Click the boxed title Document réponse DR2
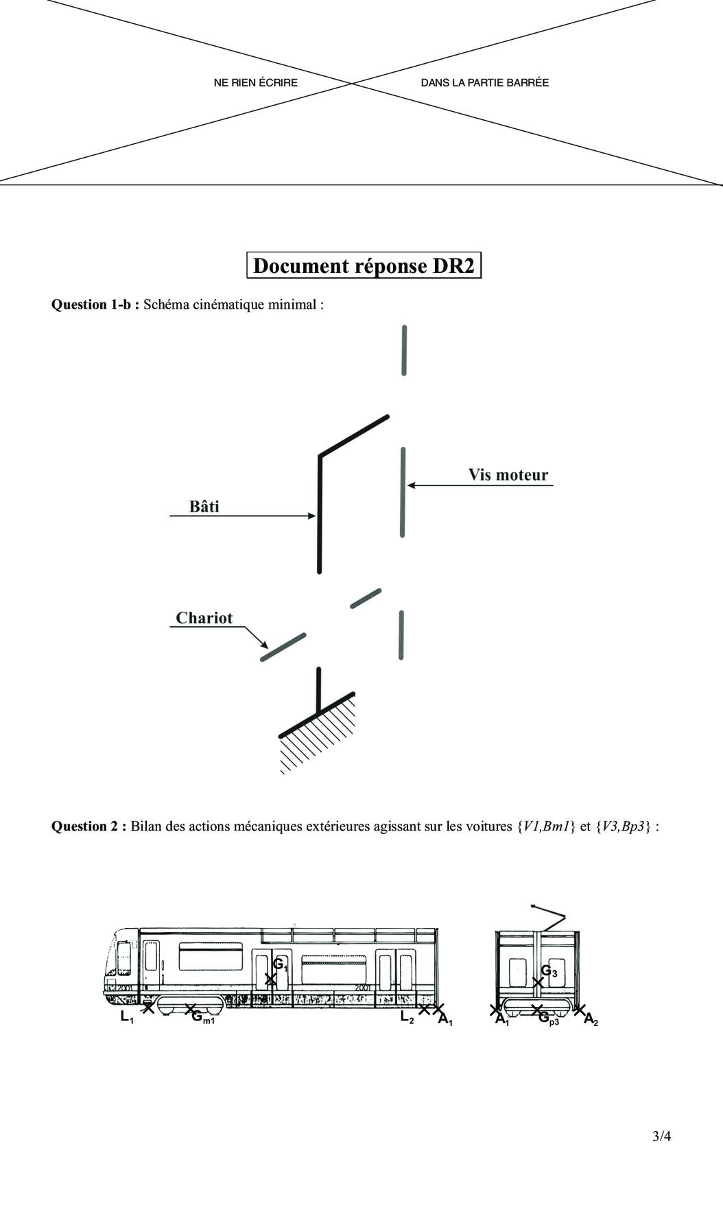364,265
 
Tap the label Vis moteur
508,475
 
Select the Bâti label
204,506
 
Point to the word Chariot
204,618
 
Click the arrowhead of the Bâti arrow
312,516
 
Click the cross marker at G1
271,979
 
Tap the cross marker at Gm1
191,1009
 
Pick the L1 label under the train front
127,1017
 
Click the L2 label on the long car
407,1018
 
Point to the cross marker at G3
538,982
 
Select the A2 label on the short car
591,1020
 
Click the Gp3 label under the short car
548,1019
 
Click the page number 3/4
661,1136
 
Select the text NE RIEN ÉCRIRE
256,82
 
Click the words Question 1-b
95,305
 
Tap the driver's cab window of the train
124,958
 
